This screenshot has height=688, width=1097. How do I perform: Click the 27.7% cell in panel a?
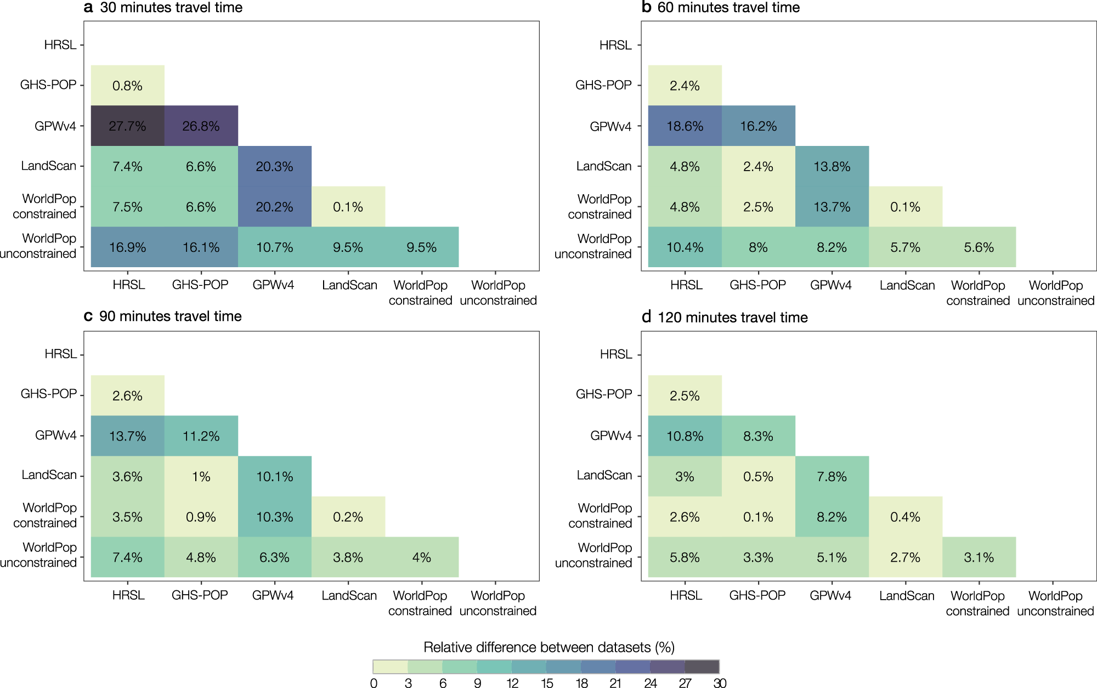(x=127, y=126)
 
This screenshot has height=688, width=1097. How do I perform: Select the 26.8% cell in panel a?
(x=201, y=126)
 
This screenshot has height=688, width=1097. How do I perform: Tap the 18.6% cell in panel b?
(x=685, y=126)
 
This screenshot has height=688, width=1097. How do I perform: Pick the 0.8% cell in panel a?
(x=127, y=86)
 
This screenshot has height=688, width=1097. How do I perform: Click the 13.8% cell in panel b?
(x=832, y=166)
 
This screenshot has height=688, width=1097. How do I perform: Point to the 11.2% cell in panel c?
(x=201, y=436)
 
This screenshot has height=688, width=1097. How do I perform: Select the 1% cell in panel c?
(x=201, y=476)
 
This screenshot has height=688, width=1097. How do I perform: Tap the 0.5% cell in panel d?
(x=758, y=476)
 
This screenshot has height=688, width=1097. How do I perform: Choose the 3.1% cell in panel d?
(x=979, y=557)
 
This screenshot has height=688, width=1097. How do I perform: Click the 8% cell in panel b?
(x=758, y=247)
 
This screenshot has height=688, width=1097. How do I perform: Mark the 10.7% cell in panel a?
(x=274, y=247)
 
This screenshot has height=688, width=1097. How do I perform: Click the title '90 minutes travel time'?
(x=170, y=317)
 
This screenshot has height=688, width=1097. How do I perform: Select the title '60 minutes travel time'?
(x=728, y=8)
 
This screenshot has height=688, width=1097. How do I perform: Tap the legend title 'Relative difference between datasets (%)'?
(x=548, y=647)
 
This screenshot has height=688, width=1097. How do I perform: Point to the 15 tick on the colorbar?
(x=547, y=683)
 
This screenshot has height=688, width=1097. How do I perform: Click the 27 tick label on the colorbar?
(x=685, y=683)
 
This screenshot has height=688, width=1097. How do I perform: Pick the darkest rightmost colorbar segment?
(x=702, y=667)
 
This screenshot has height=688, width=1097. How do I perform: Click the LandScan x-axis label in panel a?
(x=349, y=285)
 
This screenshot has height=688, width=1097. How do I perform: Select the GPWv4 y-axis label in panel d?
(x=610, y=436)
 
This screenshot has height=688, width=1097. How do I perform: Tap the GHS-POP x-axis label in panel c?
(x=200, y=595)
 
